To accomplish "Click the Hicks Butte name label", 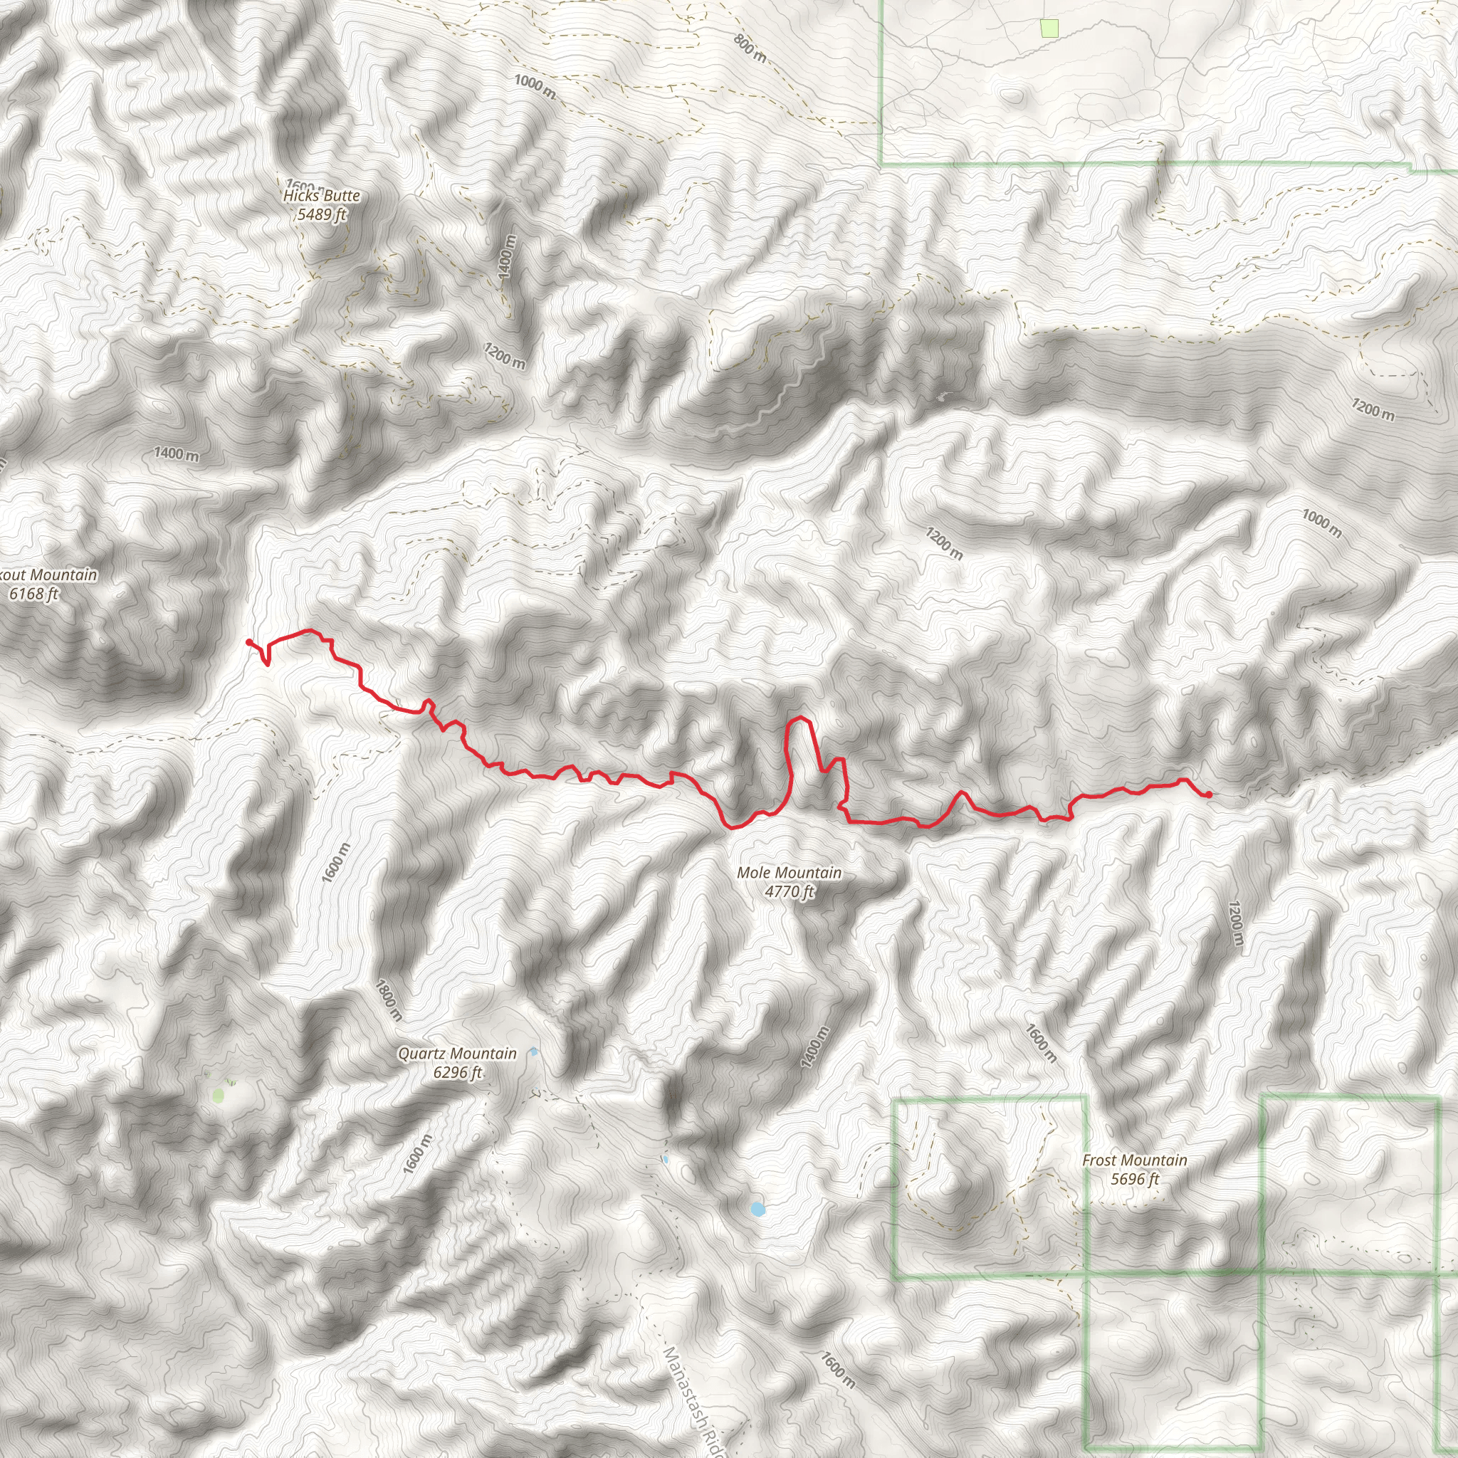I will click(x=322, y=196).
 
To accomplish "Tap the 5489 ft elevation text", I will click(x=322, y=214).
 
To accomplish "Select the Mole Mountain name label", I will click(x=789, y=872).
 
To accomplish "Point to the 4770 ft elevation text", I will click(x=790, y=891).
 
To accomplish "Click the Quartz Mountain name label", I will click(x=457, y=1054).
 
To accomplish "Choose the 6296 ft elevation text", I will click(x=457, y=1072).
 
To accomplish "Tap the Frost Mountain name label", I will click(x=1134, y=1160).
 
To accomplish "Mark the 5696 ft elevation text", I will click(x=1134, y=1179).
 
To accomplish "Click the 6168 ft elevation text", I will click(x=34, y=594).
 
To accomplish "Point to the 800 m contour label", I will click(x=750, y=49).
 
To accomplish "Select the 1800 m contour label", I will click(x=389, y=1000).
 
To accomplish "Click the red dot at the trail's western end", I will click(x=249, y=642).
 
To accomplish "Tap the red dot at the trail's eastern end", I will click(x=1209, y=794).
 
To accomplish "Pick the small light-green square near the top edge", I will click(x=1049, y=28).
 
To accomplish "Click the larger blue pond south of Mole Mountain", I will click(x=757, y=1209).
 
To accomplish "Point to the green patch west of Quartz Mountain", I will click(x=219, y=1095).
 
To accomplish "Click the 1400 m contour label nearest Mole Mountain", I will click(x=815, y=1047).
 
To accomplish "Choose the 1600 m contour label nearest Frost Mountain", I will click(x=1041, y=1042).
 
